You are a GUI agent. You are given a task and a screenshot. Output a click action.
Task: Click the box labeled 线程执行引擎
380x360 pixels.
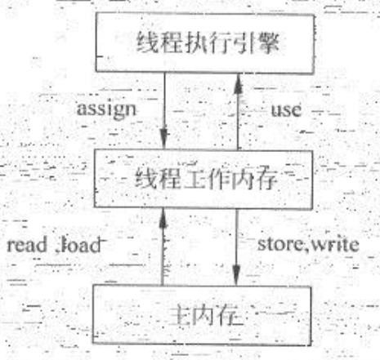[x=205, y=43]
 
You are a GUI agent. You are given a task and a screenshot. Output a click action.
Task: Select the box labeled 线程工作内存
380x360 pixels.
[x=203, y=180]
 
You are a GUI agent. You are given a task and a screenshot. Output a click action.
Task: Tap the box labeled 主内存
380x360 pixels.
[x=202, y=315]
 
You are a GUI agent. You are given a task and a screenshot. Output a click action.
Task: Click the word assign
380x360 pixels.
[x=106, y=110]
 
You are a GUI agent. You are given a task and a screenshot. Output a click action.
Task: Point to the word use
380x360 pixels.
[x=286, y=110]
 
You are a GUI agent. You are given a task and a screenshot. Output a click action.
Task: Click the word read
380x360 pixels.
[x=27, y=245]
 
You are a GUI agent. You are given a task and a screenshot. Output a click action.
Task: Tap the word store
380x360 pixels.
[x=280, y=244]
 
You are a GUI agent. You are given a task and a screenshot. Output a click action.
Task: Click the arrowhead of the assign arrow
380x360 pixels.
[x=163, y=139]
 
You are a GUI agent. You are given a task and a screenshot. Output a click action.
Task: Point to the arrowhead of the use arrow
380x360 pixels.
[x=239, y=84]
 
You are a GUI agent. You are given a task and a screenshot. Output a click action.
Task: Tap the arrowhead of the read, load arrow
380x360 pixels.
[x=163, y=219]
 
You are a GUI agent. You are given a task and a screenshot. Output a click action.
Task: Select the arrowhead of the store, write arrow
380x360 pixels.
[x=236, y=275]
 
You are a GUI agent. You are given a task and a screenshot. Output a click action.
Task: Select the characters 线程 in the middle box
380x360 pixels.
[x=159, y=178]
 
